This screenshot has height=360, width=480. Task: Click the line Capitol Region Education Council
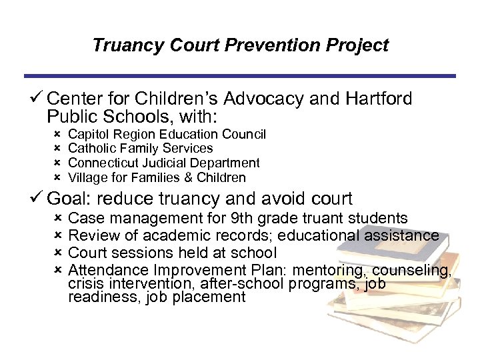tap(167, 135)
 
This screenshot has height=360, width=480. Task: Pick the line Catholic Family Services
tap(141, 149)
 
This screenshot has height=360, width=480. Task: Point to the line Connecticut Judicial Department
tap(164, 163)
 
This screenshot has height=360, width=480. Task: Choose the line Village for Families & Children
tap(157, 178)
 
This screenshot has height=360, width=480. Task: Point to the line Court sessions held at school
tap(173, 253)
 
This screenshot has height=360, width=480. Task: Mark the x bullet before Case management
tap(57, 219)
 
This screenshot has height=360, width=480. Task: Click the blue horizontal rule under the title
tap(240, 75)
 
